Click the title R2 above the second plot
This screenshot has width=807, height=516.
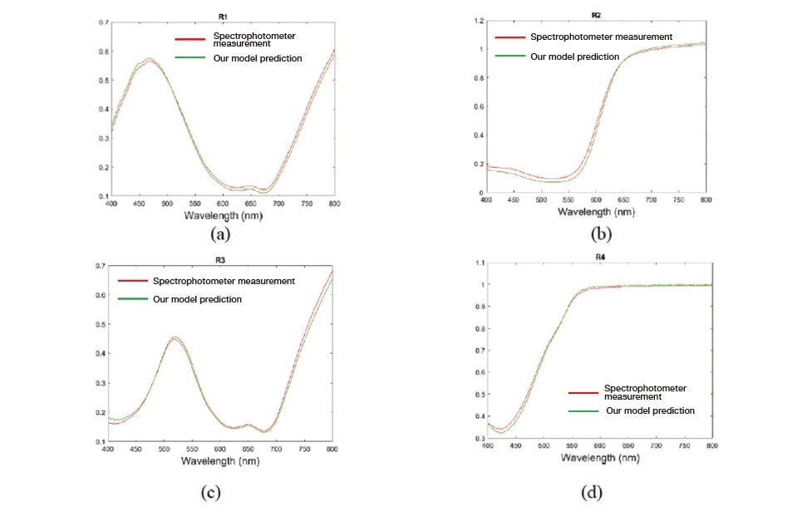[595, 14]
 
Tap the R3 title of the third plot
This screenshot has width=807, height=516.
[220, 260]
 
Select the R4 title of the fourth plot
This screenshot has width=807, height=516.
[599, 257]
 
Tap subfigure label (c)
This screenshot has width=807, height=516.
[210, 492]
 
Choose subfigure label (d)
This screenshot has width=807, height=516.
[591, 492]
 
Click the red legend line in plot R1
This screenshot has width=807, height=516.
[190, 39]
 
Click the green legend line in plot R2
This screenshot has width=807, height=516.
[509, 57]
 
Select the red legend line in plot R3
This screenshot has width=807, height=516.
[133, 281]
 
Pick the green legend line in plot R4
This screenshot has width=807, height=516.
[583, 411]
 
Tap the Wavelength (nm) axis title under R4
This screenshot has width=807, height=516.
[598, 458]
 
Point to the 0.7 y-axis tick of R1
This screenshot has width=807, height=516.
[102, 22]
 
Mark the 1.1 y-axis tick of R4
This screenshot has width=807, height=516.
[479, 263]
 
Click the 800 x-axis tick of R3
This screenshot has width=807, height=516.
[332, 449]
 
